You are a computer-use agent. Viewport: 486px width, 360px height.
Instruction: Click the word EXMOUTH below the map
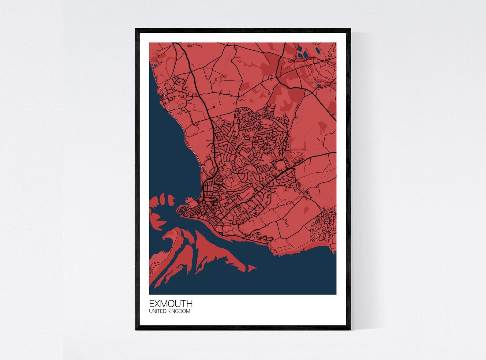(171, 304)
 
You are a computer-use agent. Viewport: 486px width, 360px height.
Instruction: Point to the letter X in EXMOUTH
(157, 304)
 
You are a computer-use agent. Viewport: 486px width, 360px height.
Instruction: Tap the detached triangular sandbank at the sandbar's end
(252, 269)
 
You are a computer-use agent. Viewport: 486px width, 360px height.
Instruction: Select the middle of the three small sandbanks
(162, 200)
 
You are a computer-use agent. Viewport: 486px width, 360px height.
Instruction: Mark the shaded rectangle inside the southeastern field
(306, 210)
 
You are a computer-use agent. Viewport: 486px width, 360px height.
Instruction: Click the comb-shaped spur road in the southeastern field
(286, 222)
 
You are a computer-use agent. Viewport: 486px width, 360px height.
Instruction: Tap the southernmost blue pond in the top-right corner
(319, 86)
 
